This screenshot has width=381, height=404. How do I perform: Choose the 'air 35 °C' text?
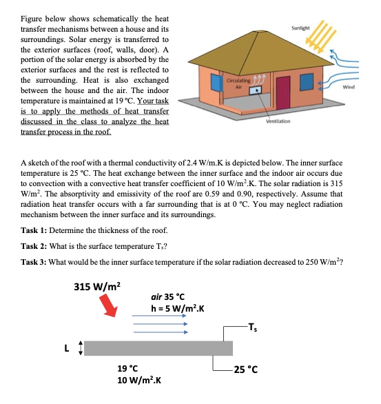click(171, 296)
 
